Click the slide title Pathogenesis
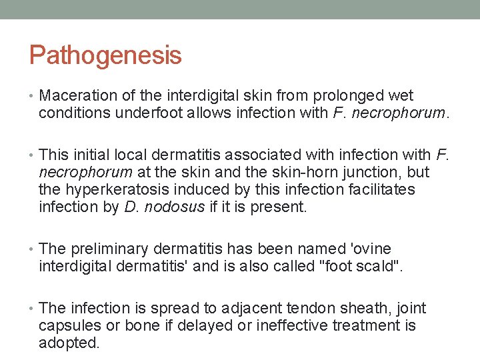click(105, 55)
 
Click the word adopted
click(69, 343)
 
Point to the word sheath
click(375, 309)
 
